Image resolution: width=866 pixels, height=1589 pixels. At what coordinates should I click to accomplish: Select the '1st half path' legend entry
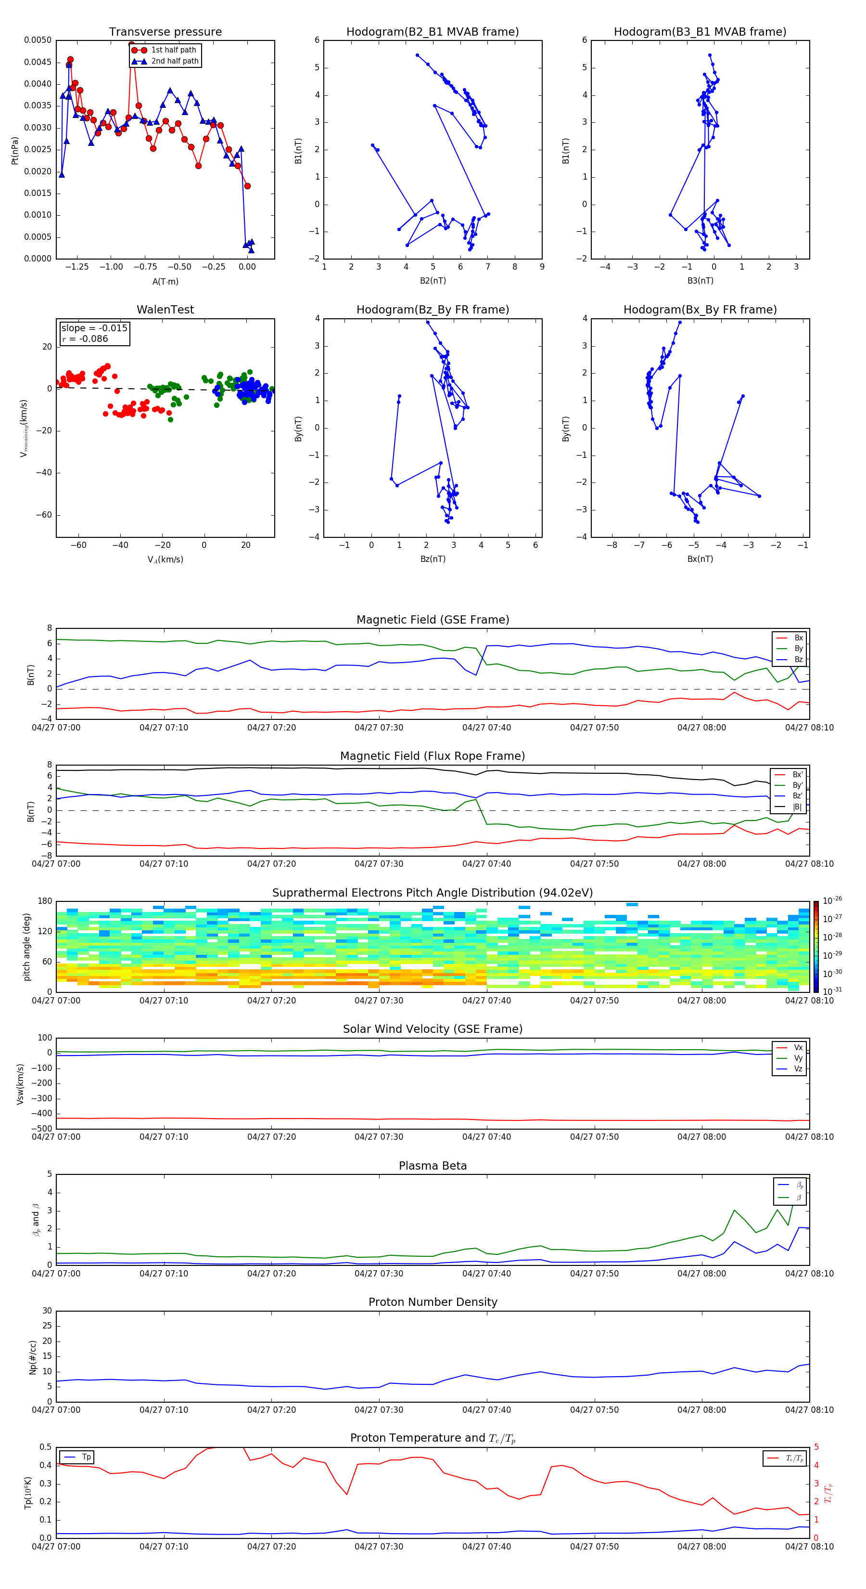click(173, 50)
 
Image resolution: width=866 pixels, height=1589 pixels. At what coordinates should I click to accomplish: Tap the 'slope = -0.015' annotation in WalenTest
click(94, 328)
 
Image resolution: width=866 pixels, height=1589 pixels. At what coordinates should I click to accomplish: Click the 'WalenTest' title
click(165, 310)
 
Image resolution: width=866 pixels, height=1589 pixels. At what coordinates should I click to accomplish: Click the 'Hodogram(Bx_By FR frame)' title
click(700, 310)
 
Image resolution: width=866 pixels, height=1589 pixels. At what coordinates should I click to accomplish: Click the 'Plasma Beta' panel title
click(433, 1166)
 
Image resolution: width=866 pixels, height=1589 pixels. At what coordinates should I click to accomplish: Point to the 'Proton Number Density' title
click(433, 1302)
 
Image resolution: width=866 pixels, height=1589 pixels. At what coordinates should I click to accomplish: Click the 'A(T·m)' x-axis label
click(165, 282)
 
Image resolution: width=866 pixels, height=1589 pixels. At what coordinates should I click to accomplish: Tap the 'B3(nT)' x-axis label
click(700, 281)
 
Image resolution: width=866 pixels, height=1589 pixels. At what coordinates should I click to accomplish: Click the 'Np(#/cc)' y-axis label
click(33, 1357)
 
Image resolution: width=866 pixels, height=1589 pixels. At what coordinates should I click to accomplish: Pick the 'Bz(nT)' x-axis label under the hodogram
click(432, 559)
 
